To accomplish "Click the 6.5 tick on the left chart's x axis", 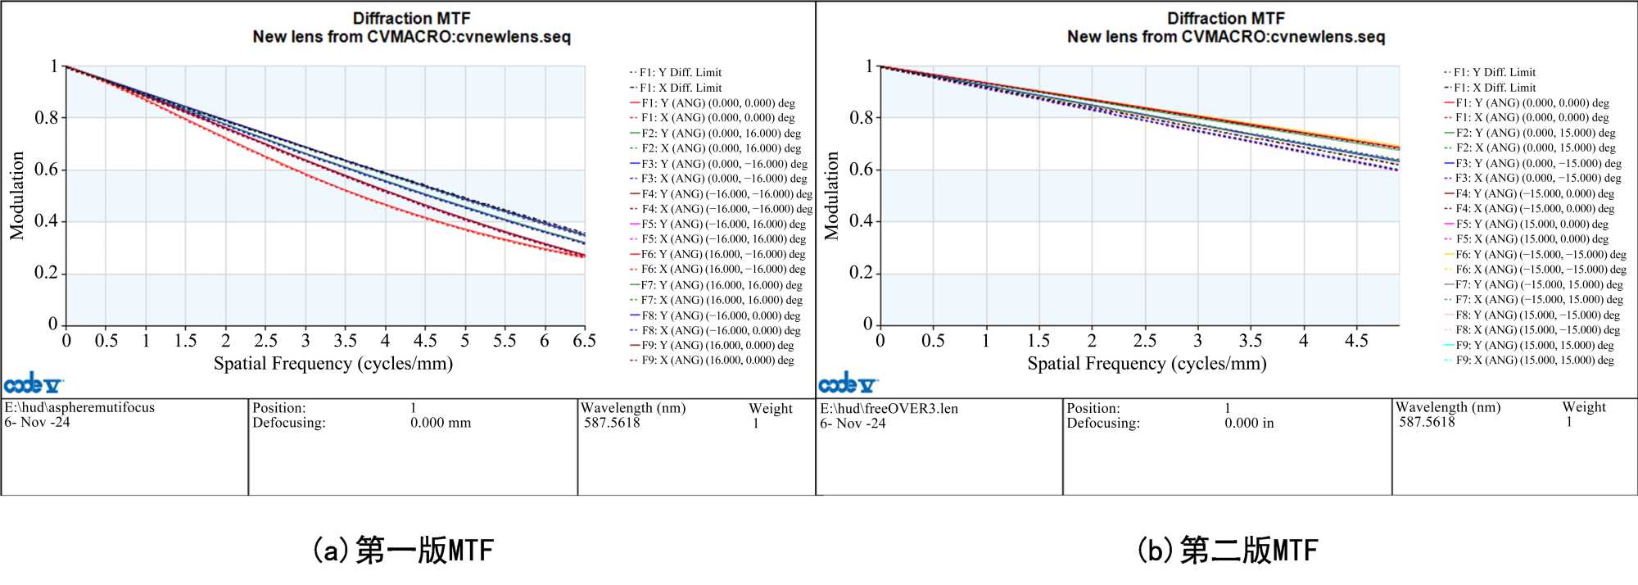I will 584,341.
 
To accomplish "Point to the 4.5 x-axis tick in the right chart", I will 1356,341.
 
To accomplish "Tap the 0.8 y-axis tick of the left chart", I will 47,118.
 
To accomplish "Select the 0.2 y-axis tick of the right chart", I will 861,273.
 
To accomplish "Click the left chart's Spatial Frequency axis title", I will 333,364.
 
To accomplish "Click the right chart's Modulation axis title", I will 832,196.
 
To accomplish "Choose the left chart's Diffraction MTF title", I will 411,18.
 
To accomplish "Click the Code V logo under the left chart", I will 33,383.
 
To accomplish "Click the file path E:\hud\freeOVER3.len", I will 889,409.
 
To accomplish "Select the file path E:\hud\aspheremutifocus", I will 79,408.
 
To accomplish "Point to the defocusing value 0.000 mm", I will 441,423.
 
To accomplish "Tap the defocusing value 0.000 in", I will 1249,424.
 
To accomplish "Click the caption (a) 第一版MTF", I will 403,550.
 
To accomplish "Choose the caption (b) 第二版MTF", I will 1227,550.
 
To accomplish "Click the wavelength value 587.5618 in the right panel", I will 1427,422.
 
